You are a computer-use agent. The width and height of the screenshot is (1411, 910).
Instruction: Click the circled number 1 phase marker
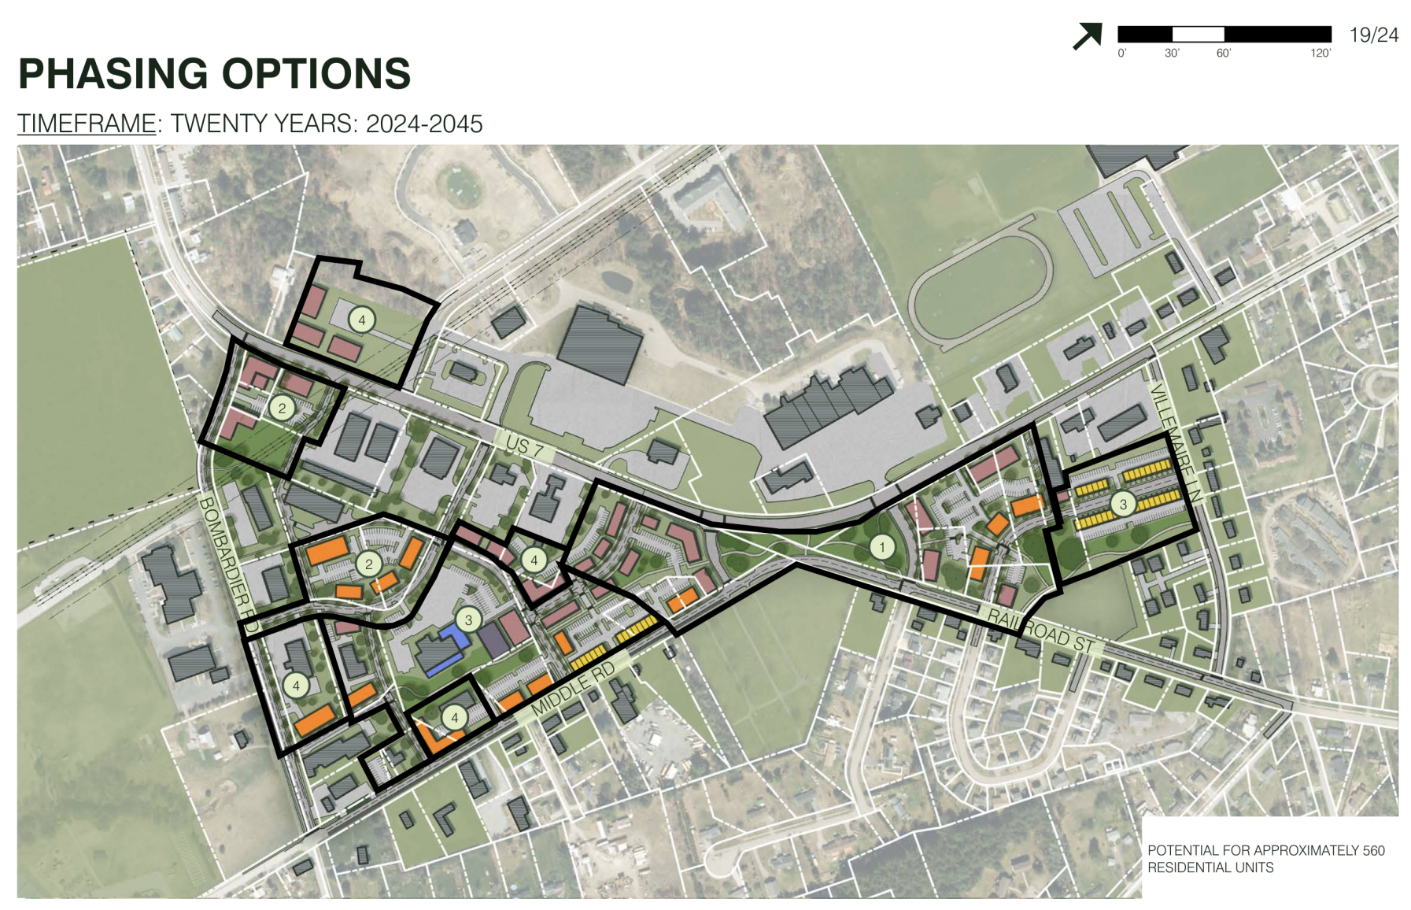tap(882, 546)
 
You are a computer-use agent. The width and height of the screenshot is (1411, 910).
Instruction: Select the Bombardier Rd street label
tap(227, 564)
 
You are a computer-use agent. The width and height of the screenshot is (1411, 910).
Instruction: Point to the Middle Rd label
tap(572, 690)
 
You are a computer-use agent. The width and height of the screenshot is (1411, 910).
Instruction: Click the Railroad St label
tap(1041, 631)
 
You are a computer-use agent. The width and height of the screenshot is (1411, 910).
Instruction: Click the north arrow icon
tap(1087, 36)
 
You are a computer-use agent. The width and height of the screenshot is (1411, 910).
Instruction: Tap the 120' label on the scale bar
tap(1320, 54)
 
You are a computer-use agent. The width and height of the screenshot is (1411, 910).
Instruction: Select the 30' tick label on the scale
tap(1172, 54)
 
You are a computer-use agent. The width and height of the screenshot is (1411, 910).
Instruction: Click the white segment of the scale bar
tap(1198, 34)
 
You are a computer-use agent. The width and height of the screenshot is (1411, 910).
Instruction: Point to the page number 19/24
tap(1373, 35)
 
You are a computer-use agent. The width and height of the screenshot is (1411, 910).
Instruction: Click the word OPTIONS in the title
tap(316, 74)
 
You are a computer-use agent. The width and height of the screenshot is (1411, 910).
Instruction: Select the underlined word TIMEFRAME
tap(87, 124)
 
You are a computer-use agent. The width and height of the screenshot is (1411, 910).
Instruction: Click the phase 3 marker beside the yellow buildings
tap(1123, 504)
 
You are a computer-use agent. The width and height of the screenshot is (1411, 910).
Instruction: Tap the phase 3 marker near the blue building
tap(468, 620)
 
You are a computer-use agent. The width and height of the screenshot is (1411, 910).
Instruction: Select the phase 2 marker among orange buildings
tap(368, 564)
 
